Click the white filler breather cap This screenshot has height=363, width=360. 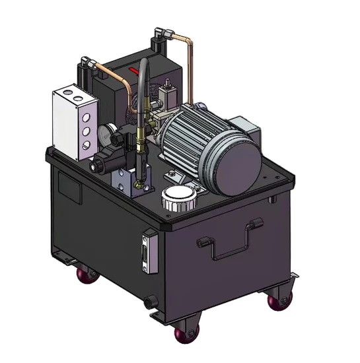pos(177,197)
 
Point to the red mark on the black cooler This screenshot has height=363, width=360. pos(135,69)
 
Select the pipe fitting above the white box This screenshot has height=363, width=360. pos(84,65)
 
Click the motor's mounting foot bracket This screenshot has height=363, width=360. pos(174,176)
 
